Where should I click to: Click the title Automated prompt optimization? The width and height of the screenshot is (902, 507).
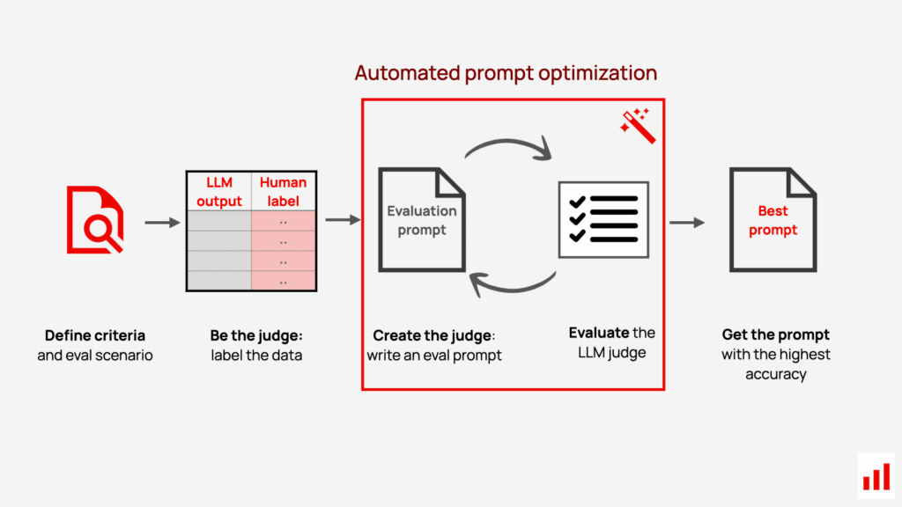[506, 73]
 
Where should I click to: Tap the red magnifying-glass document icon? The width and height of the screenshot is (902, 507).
[95, 219]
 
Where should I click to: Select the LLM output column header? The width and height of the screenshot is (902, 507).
[219, 191]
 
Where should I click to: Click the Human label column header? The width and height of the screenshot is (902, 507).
[283, 191]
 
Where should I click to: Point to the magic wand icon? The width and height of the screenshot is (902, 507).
[638, 125]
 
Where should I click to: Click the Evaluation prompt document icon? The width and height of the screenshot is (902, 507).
[422, 219]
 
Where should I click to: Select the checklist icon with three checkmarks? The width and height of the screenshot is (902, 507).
[603, 219]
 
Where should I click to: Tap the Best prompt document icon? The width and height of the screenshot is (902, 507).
[773, 219]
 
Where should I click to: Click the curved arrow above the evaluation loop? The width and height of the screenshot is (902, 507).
[508, 142]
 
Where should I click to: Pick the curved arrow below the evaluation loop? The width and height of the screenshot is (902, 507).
[512, 289]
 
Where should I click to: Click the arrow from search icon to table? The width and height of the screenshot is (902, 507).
[162, 222]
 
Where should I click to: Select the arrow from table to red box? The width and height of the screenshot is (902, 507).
[343, 219]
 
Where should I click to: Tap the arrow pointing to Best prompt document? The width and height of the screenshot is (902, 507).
[687, 223]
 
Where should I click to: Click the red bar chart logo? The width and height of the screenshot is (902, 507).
[876, 477]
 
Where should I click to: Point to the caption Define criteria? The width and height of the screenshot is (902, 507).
[95, 335]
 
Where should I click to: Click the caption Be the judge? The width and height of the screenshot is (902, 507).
[256, 335]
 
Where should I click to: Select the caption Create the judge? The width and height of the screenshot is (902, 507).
[433, 335]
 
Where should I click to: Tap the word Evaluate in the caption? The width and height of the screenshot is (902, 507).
[598, 333]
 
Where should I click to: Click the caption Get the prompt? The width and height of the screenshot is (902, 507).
[775, 334]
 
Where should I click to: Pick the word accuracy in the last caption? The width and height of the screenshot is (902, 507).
[775, 374]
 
